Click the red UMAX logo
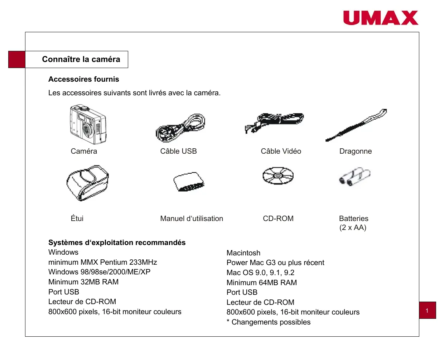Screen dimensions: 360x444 coord(381,18)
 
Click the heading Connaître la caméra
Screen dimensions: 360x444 coord(81,59)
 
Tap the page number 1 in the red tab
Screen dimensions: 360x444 coord(427,311)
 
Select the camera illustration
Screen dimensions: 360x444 coord(88,124)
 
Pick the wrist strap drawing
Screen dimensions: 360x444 coord(356,125)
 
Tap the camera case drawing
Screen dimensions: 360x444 coord(87,183)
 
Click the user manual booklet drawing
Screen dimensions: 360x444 coord(189,182)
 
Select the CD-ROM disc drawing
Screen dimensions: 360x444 coord(278,176)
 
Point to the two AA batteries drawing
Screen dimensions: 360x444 coord(354,176)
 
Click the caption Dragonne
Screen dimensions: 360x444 coord(356,151)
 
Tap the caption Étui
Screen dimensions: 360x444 coord(77,219)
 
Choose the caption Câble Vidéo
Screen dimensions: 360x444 coord(281,151)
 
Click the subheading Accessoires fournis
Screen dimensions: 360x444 coord(83,79)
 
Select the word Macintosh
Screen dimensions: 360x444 coord(243,253)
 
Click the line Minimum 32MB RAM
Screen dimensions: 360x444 coord(83,282)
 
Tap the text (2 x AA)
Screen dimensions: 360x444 coord(353,228)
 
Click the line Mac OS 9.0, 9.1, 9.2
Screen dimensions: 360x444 coord(260,273)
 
